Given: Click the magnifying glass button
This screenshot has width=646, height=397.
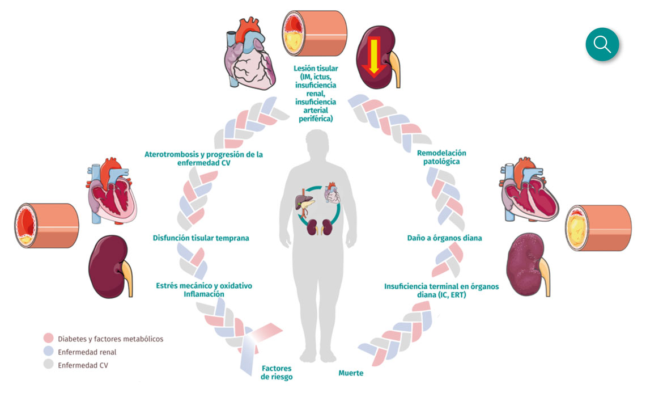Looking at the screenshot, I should click(602, 44).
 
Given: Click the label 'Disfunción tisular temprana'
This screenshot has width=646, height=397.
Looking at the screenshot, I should click(201, 238).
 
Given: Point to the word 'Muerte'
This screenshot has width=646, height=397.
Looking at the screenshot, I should click(351, 373).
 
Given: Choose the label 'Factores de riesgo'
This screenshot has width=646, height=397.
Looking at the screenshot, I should click(277, 372).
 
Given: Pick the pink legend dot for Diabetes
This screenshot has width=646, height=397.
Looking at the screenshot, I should click(48, 339).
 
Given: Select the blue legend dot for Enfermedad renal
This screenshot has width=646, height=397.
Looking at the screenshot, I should click(48, 352).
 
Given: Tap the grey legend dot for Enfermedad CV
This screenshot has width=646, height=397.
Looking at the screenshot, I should click(48, 365).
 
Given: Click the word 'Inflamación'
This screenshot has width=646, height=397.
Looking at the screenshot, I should click(204, 294).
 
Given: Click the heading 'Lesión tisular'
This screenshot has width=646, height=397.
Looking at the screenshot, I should click(316, 69).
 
